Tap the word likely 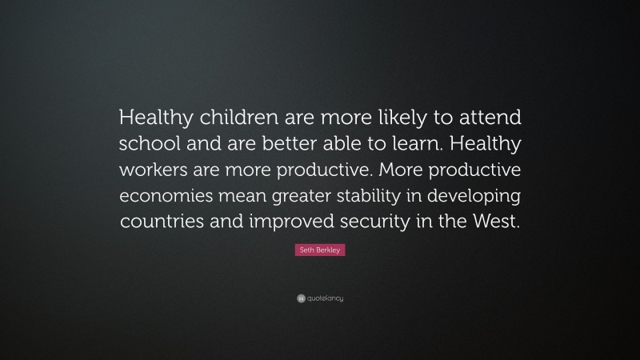point(394,118)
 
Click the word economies point(167,198)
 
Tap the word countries point(161,223)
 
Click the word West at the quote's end point(497,223)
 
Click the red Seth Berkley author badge point(320,251)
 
